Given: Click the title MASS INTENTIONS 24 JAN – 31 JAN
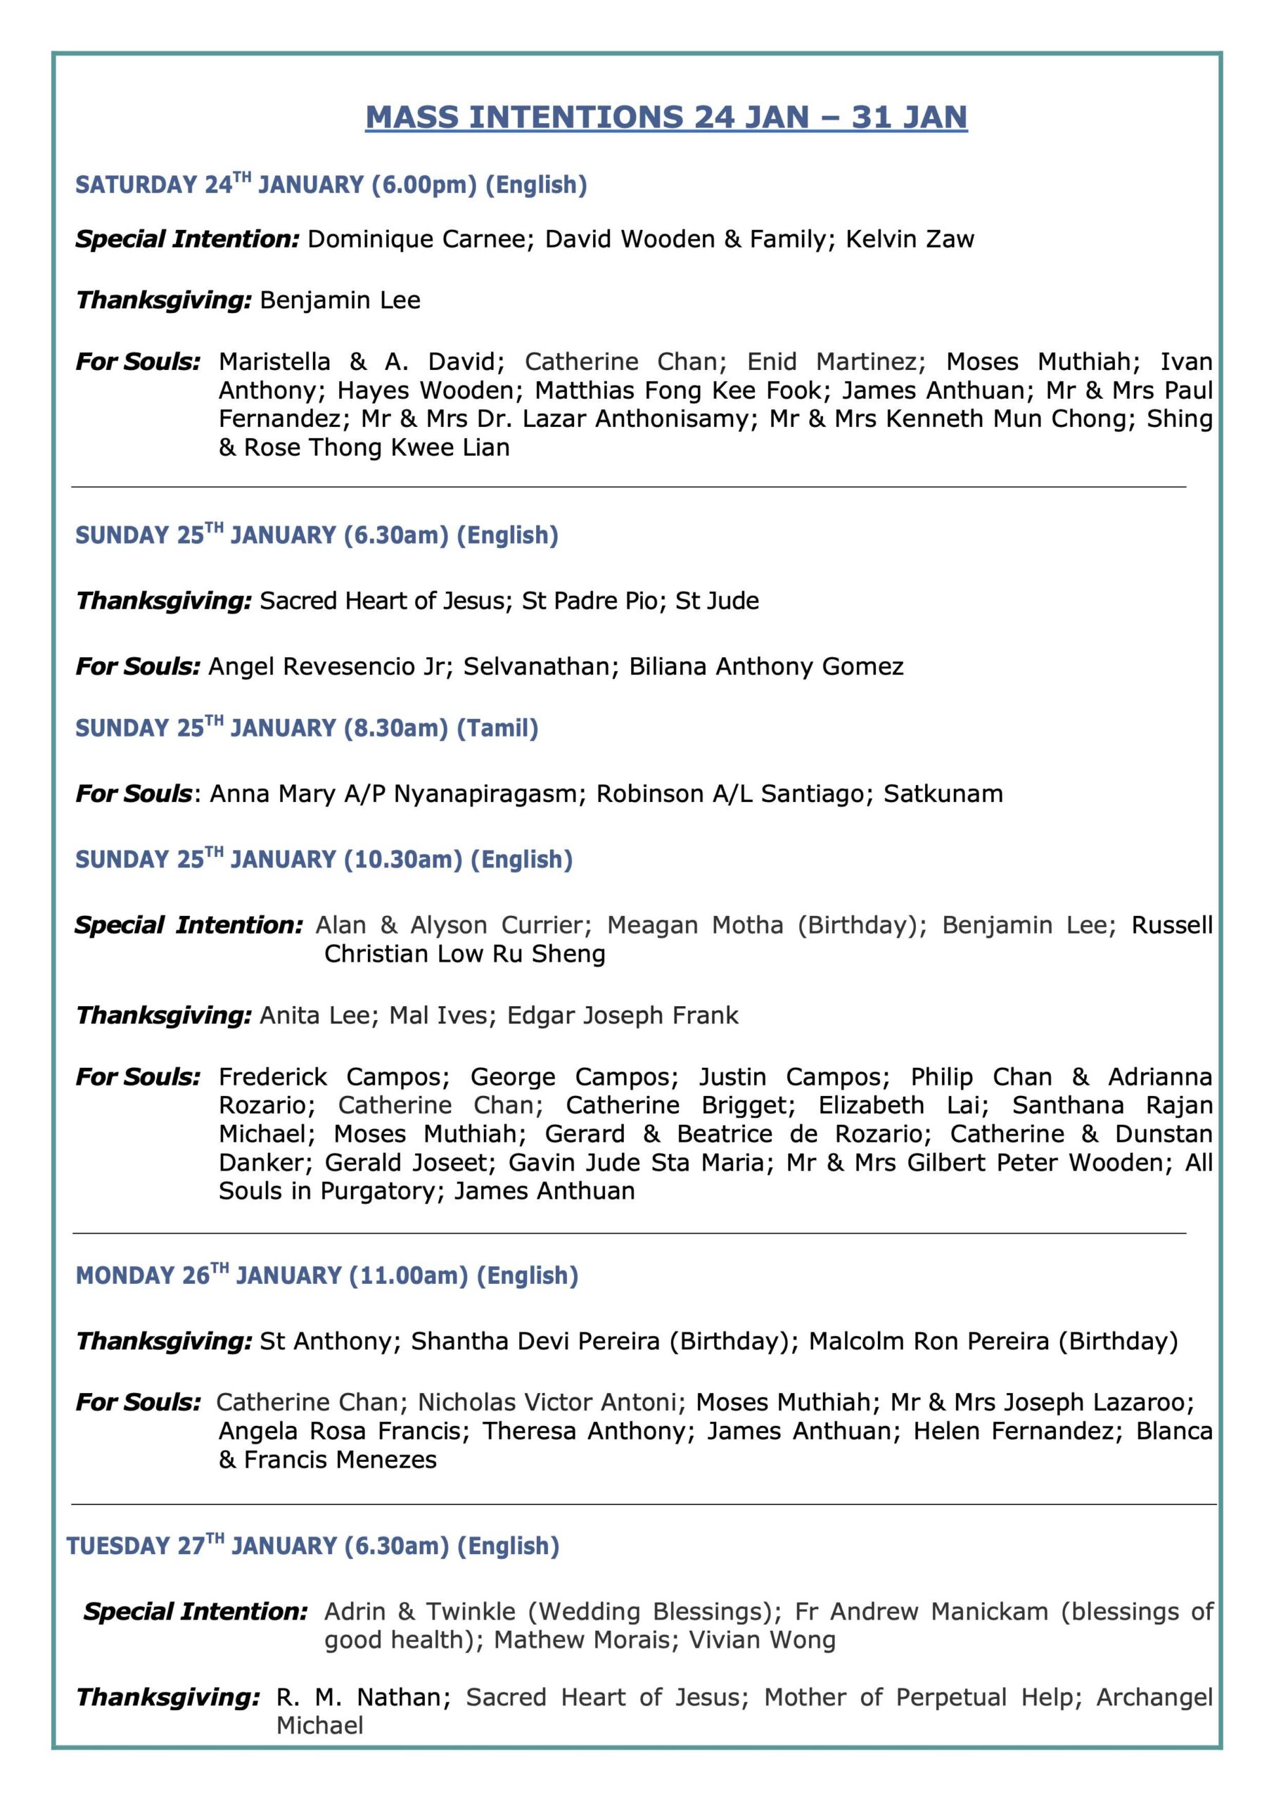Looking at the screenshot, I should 666,117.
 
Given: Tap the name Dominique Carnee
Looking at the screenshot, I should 413,239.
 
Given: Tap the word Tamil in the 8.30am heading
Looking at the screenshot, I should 497,729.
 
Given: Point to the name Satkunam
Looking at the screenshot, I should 943,794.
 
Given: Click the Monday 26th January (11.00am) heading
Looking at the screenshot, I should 326,1276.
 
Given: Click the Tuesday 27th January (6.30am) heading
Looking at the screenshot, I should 312,1546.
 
